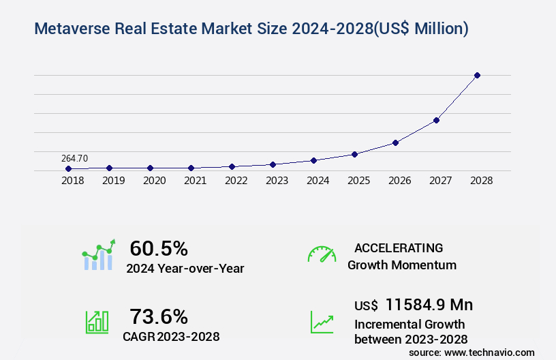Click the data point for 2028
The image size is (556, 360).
477,75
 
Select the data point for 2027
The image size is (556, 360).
436,120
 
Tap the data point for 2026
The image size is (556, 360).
395,142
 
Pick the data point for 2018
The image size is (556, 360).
68,168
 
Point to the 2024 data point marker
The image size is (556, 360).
313,160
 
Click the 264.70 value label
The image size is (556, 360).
74,158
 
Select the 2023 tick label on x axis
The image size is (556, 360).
277,181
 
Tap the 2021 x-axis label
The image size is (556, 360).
195,181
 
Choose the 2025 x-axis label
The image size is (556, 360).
358,181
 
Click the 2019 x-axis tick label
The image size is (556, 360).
113,181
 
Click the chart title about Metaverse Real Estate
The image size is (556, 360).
251,29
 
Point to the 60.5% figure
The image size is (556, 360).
159,248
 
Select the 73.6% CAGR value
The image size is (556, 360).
159,316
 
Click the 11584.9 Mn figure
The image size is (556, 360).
429,304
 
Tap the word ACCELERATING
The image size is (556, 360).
399,247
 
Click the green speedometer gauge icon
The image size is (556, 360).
322,254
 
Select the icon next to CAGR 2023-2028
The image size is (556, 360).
97,322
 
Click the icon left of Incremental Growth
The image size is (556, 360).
322,322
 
